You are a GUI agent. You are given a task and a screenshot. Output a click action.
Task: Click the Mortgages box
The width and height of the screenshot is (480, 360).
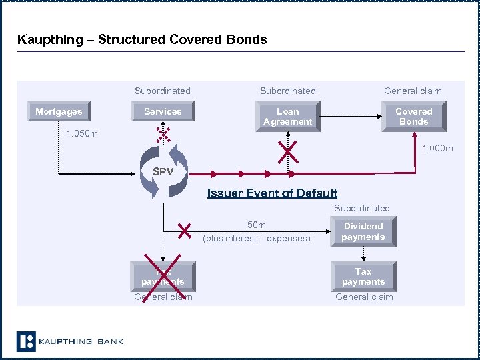pos(59,112)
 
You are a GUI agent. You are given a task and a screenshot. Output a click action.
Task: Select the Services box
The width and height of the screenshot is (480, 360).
pos(163,112)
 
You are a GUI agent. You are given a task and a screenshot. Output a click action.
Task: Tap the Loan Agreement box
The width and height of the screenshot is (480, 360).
pos(288,117)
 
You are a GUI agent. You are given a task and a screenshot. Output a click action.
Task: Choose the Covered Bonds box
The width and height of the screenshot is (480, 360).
pos(413,117)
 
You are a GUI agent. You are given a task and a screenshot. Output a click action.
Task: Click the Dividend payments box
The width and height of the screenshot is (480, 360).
pos(363,231)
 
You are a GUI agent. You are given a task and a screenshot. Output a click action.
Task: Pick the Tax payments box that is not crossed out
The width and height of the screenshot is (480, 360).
pos(363,277)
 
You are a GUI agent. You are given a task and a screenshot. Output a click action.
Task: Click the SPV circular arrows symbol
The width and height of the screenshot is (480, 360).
pos(163,172)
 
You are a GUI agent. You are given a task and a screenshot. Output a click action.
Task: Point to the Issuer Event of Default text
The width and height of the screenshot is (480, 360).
pos(272,193)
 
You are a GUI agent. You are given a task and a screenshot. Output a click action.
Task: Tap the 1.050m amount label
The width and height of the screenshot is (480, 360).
pos(82,134)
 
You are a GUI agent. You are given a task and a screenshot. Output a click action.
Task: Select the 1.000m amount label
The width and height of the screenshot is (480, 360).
pos(437,148)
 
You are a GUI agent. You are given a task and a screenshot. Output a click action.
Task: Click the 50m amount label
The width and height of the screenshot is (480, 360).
pos(257,225)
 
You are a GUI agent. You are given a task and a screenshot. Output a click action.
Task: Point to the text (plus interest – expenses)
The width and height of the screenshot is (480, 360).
pos(257,238)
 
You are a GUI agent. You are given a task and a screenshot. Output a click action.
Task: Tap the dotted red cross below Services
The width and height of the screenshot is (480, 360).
pos(163,135)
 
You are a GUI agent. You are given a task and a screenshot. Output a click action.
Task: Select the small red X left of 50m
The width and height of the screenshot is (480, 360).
pos(185,231)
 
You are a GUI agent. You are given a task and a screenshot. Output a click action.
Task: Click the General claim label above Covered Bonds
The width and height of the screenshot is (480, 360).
pos(413,91)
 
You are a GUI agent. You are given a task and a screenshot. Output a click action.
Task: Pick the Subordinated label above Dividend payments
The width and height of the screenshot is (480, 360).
pos(362,208)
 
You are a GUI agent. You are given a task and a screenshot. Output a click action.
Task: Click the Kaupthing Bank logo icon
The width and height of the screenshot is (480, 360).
pos(26,341)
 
